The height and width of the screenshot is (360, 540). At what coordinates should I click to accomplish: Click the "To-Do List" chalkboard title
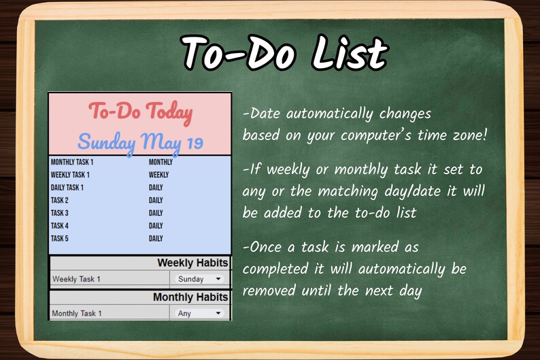pyautogui.click(x=285, y=53)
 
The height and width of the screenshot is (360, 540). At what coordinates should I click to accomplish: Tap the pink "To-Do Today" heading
pyautogui.click(x=140, y=113)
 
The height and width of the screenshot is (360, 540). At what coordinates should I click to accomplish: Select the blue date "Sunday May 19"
pyautogui.click(x=140, y=142)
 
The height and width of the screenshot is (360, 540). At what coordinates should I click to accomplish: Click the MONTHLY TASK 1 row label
pyautogui.click(x=72, y=162)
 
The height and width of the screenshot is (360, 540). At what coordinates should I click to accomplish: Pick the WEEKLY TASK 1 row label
pyautogui.click(x=70, y=175)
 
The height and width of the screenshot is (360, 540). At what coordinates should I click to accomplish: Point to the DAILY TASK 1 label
pyautogui.click(x=67, y=187)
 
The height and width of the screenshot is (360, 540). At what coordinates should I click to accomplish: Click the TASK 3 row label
pyautogui.click(x=60, y=213)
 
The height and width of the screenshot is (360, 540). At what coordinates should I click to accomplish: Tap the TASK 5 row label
pyautogui.click(x=60, y=238)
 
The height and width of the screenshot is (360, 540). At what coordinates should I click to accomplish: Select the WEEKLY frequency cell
pyautogui.click(x=158, y=175)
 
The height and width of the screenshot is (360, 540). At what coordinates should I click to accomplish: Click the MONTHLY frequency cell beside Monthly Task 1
pyautogui.click(x=161, y=162)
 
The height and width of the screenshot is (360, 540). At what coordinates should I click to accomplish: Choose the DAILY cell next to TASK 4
pyautogui.click(x=156, y=226)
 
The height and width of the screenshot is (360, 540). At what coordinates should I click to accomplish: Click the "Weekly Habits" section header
pyautogui.click(x=192, y=263)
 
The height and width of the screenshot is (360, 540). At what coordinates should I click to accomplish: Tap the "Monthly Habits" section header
pyautogui.click(x=190, y=297)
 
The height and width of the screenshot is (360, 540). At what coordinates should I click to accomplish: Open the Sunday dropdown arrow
pyautogui.click(x=218, y=279)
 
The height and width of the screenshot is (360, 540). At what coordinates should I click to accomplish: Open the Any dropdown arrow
pyautogui.click(x=218, y=314)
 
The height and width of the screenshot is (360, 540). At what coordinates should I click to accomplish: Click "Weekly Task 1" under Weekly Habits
pyautogui.click(x=76, y=279)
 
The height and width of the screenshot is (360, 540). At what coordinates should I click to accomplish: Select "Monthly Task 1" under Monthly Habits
pyautogui.click(x=77, y=314)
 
